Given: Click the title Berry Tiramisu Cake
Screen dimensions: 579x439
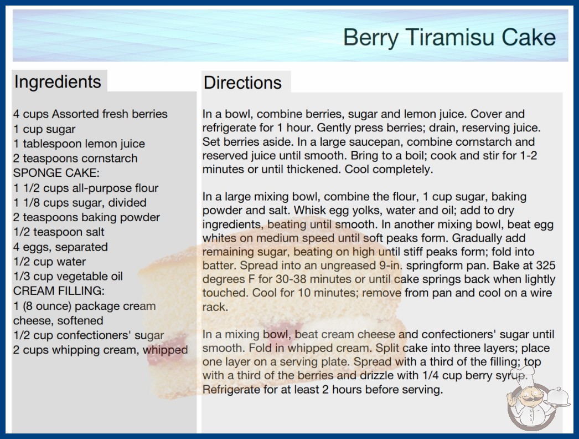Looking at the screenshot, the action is click(x=449, y=37).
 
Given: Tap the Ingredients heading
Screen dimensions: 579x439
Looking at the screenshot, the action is click(x=58, y=82).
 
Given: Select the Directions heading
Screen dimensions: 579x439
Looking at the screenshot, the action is click(x=242, y=83).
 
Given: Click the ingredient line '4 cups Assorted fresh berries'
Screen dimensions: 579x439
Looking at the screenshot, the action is click(x=90, y=114).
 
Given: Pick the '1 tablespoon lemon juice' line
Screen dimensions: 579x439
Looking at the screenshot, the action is click(x=79, y=144).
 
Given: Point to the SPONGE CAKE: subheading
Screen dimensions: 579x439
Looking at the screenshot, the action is click(x=56, y=173).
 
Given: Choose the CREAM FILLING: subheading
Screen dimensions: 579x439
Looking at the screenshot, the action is click(x=59, y=290).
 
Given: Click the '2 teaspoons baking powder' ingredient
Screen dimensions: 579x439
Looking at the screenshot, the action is click(x=86, y=217).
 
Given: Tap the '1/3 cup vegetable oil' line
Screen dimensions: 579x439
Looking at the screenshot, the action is click(x=68, y=276).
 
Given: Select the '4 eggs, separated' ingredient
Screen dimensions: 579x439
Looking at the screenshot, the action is click(x=60, y=247).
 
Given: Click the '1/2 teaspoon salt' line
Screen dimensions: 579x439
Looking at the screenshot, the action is click(x=59, y=232).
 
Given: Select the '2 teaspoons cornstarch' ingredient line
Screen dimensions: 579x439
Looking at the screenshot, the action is click(x=75, y=159).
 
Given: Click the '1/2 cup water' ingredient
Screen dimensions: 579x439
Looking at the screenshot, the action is click(x=49, y=262).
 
